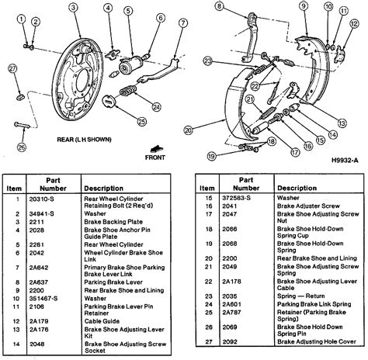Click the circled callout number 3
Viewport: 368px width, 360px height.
pos(73,9)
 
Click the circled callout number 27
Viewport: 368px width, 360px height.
pos(13,70)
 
